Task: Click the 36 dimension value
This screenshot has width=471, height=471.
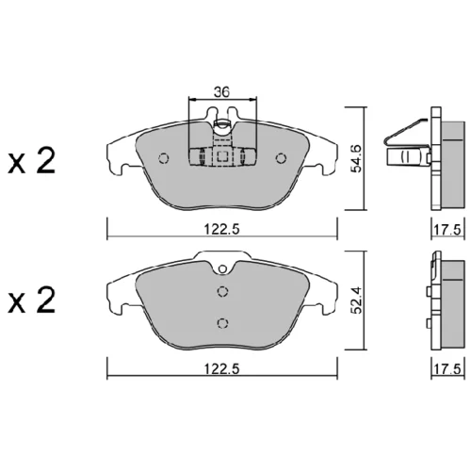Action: (x=222, y=91)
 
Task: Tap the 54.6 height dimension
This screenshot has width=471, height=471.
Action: (x=357, y=158)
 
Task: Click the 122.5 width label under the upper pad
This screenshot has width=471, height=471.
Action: (x=222, y=229)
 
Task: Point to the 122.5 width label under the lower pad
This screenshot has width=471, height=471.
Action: (x=222, y=368)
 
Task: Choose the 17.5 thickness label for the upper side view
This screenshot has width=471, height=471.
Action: (x=447, y=230)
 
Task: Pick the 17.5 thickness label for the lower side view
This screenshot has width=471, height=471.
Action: (x=447, y=368)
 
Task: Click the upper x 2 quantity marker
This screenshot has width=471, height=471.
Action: (x=31, y=161)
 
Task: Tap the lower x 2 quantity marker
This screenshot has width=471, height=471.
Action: (x=31, y=300)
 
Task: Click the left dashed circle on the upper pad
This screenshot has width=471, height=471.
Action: (x=164, y=158)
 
